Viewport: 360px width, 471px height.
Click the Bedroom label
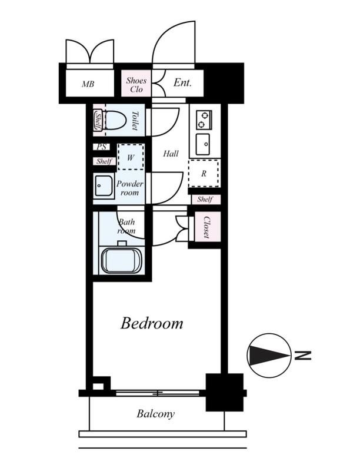(x=152, y=323)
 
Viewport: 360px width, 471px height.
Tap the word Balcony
(x=155, y=414)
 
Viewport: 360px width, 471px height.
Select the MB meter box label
(x=88, y=84)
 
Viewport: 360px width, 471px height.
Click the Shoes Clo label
(x=136, y=85)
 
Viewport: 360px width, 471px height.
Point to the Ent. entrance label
(x=182, y=82)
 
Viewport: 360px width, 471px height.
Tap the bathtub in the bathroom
(x=121, y=260)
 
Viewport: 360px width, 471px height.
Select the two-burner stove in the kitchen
(x=204, y=120)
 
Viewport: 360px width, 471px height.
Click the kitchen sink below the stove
(x=203, y=144)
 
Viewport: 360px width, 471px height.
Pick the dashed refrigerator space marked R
(x=204, y=173)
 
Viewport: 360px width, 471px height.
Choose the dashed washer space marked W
(x=131, y=157)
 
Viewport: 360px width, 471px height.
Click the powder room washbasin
(x=104, y=185)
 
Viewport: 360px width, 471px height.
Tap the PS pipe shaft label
(x=101, y=147)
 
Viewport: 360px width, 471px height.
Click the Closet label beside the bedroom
(x=206, y=227)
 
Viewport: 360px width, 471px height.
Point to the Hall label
(x=171, y=154)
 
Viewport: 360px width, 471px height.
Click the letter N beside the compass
(x=303, y=356)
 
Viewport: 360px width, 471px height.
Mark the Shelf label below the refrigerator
(x=205, y=199)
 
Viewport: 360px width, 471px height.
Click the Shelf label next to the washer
(x=104, y=161)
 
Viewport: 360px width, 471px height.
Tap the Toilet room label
(x=135, y=121)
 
